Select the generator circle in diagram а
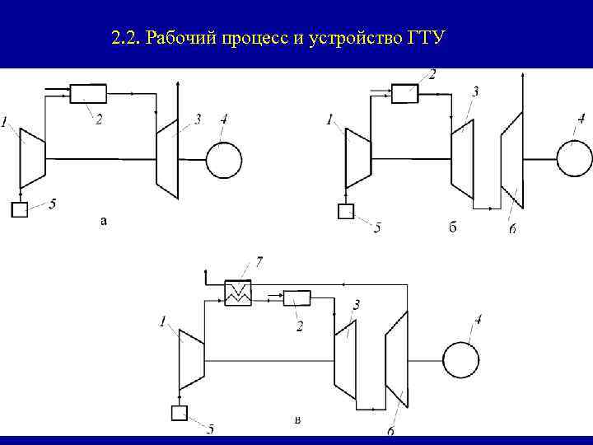(x=223, y=159)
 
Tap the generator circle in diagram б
(x=574, y=157)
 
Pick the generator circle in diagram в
(x=460, y=360)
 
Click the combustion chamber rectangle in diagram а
(x=88, y=94)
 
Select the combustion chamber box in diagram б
(x=404, y=93)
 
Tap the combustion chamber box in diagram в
(x=296, y=297)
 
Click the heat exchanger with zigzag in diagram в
(x=238, y=292)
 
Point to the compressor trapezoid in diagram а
(x=32, y=157)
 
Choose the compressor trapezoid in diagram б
(x=357, y=157)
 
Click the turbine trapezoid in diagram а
(x=168, y=157)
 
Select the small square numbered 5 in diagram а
(x=20, y=209)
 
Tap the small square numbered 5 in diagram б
(x=346, y=212)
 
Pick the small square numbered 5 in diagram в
(x=179, y=413)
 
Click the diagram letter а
(x=103, y=220)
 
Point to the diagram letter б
(x=452, y=227)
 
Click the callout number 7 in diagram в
(x=259, y=262)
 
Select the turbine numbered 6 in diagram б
(x=511, y=161)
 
